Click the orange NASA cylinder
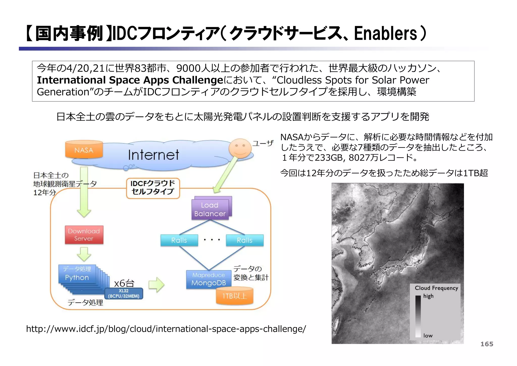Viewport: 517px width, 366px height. (84, 150)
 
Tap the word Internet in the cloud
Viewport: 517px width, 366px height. (153, 155)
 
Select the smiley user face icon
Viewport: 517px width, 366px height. (240, 148)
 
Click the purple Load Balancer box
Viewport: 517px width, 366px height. (210, 209)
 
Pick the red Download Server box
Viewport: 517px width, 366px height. (84, 235)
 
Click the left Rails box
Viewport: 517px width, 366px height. (179, 240)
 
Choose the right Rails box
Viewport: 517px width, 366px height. (244, 240)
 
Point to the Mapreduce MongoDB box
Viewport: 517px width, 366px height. (209, 279)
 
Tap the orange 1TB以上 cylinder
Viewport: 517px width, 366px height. (235, 296)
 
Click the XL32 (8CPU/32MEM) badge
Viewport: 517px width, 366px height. (124, 294)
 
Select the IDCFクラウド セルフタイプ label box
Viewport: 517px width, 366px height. (153, 188)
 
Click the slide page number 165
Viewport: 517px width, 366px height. (486, 344)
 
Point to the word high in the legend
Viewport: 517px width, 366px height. (428, 296)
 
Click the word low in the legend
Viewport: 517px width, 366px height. (428, 336)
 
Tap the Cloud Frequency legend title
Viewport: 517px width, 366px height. (436, 288)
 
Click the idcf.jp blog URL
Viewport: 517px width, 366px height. (166, 329)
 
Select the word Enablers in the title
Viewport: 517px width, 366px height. (385, 34)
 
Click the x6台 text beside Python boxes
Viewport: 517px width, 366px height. (124, 283)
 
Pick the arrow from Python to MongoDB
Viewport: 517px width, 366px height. (156, 285)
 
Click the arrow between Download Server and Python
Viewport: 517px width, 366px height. (84, 254)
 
